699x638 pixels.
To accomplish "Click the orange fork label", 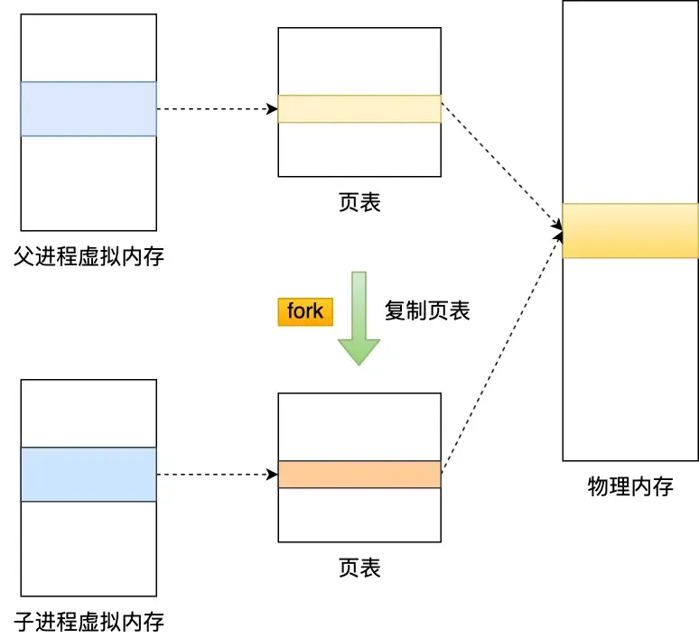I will point(305,311).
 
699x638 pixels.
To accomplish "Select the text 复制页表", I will point(427,310).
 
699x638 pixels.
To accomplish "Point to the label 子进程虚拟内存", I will point(89,621).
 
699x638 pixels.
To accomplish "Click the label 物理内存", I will point(630,486).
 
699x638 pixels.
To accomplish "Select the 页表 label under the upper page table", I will point(359,201).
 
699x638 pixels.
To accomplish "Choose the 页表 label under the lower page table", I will point(359,568).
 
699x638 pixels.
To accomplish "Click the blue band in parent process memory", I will point(89,109).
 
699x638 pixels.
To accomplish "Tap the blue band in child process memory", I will point(89,474).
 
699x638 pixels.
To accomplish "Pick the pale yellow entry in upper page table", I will point(359,109).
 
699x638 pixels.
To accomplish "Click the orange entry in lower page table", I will point(359,475).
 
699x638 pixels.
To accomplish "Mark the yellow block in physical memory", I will point(630,230).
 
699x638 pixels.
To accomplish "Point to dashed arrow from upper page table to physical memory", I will point(499,168).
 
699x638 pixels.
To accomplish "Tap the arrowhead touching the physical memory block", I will point(557,233).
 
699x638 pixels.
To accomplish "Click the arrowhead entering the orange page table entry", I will point(273,475).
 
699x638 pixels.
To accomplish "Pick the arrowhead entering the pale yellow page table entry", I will point(273,109).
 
